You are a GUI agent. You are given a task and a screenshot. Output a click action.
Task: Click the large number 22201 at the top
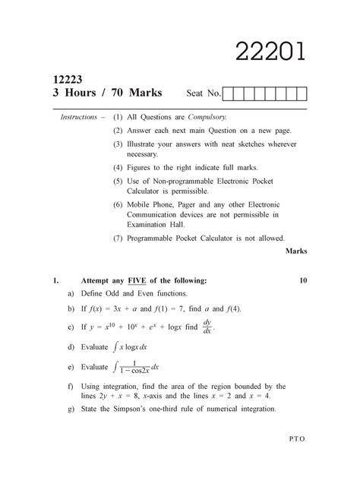[271, 52]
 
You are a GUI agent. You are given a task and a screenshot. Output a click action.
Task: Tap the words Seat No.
[204, 94]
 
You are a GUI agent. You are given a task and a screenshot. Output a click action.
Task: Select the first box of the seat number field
[229, 94]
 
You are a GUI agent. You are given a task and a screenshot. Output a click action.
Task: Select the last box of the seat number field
[301, 94]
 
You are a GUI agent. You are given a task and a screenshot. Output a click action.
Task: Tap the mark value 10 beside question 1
[302, 280]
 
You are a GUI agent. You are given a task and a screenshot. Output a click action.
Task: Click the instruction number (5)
[118, 181]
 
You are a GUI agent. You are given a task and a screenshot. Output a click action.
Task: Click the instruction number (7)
[118, 238]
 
